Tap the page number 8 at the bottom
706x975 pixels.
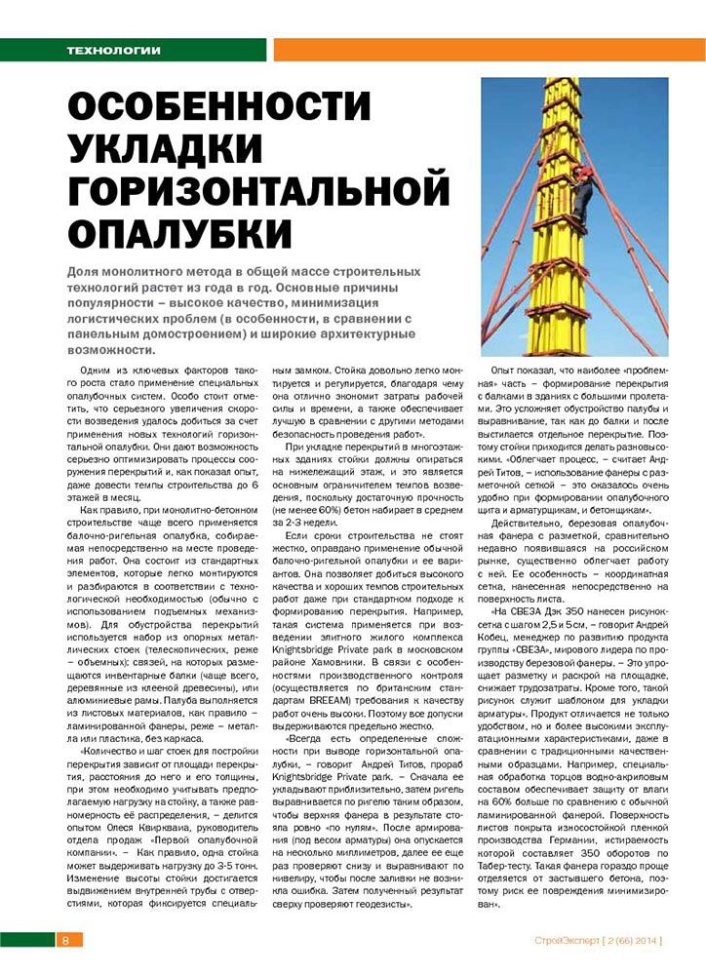coord(64,940)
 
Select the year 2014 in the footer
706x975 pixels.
coord(643,940)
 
